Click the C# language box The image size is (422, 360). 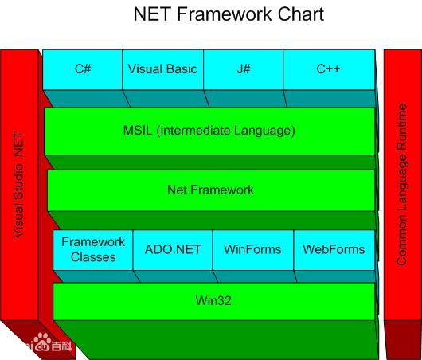pos(83,69)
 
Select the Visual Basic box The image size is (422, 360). pos(162,69)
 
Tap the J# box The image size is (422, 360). pos(244,69)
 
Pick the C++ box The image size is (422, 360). pos(328,69)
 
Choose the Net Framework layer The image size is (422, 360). pos(210,190)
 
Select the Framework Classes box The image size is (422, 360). pos(93,249)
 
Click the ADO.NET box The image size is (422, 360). pos(173,249)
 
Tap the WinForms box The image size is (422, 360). pos(252,249)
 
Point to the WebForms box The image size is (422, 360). pos(334,249)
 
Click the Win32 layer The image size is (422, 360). pos(213,300)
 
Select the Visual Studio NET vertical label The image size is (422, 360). pos(19,185)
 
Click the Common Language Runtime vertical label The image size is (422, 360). pos(402,183)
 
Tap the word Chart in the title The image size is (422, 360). pos(295,15)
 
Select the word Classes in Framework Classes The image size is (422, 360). pos(93,257)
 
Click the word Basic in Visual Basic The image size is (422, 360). pos(181,69)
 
